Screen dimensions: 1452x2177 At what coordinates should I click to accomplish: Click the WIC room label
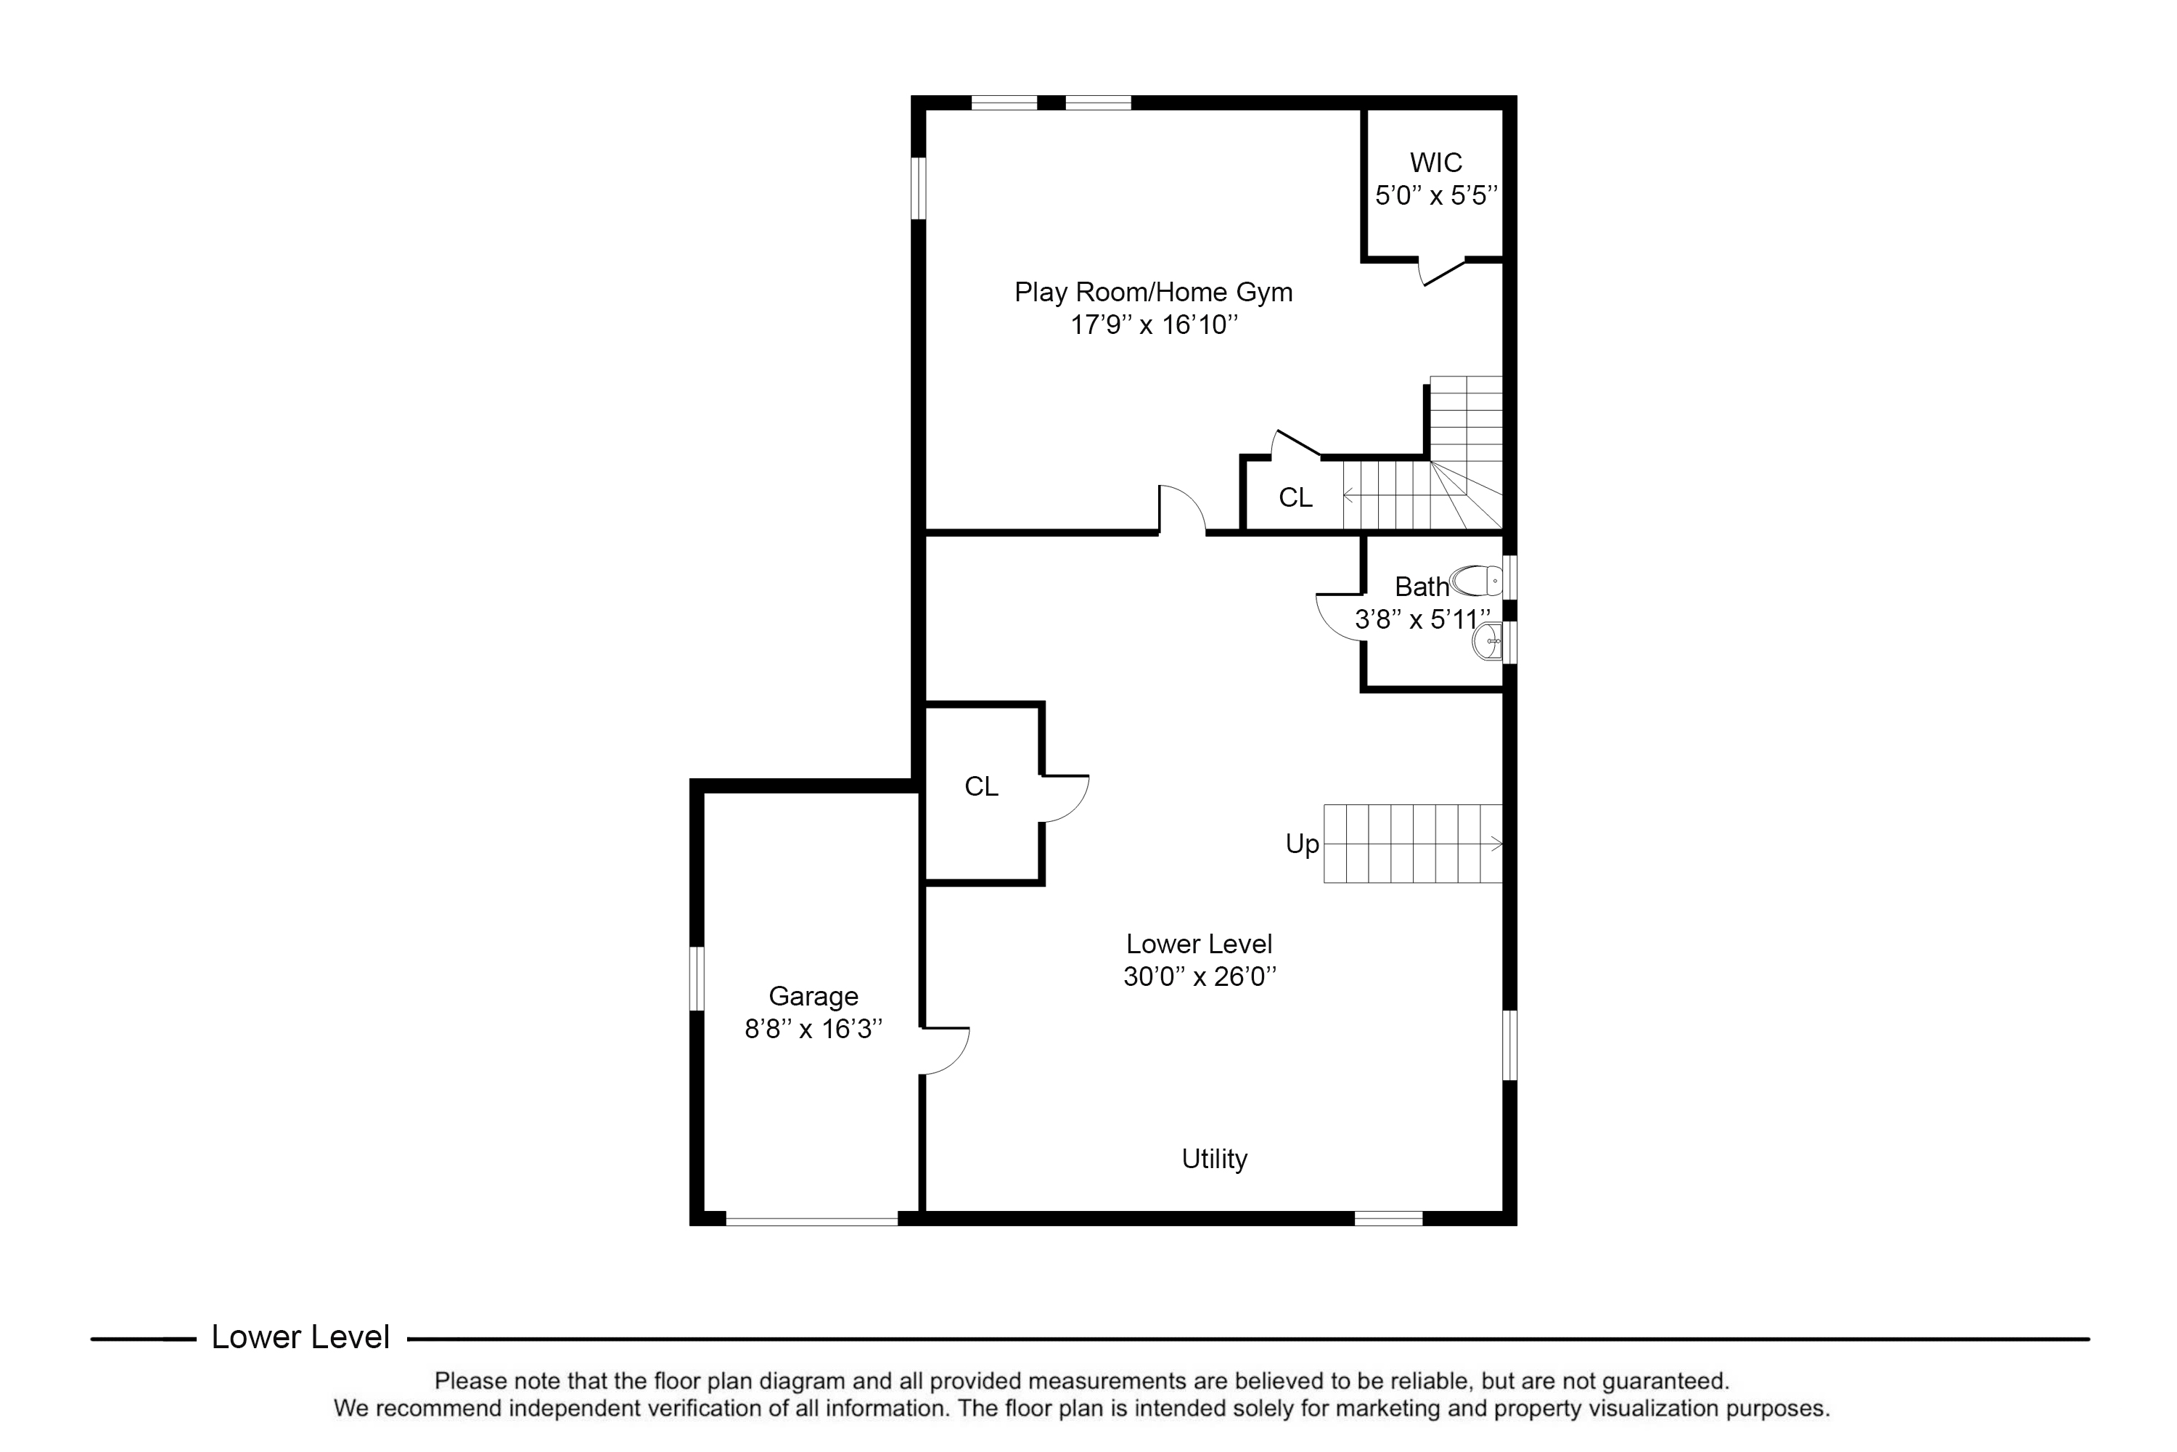pyautogui.click(x=1435, y=163)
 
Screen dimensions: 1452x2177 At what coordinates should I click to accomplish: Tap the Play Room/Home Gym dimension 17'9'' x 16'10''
pyautogui.click(x=1153, y=325)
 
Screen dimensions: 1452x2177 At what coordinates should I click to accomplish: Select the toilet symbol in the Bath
pyautogui.click(x=1476, y=581)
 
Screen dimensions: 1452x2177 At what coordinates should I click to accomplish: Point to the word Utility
pyautogui.click(x=1214, y=1159)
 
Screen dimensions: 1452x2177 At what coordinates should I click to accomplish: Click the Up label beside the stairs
pyautogui.click(x=1301, y=844)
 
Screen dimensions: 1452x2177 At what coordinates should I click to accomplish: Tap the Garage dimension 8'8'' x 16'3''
pyautogui.click(x=813, y=1029)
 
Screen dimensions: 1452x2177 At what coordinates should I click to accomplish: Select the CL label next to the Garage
pyautogui.click(x=981, y=786)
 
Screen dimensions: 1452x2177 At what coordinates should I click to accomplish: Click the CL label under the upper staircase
pyautogui.click(x=1295, y=498)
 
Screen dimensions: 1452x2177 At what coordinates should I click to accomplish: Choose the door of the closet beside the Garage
pyautogui.click(x=1065, y=798)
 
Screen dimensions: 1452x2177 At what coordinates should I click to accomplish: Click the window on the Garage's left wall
pyautogui.click(x=697, y=978)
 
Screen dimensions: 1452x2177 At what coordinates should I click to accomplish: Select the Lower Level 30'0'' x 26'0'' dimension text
pyautogui.click(x=1200, y=977)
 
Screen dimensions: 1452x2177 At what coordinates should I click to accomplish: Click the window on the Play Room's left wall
pyautogui.click(x=918, y=188)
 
